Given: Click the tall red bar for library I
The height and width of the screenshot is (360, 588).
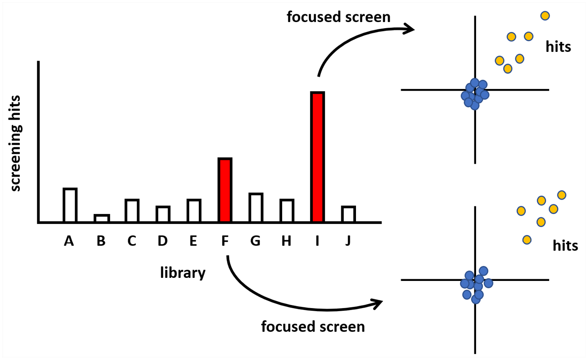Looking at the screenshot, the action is [x=318, y=157].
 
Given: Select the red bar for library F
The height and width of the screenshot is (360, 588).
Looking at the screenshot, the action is [x=225, y=190].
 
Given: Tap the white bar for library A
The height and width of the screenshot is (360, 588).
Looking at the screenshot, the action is [x=70, y=205].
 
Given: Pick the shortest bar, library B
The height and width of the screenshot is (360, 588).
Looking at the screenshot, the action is [x=102, y=219].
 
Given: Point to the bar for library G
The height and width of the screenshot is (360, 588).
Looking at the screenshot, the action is [x=256, y=208].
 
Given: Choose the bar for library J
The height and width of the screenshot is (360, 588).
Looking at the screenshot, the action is [x=349, y=214].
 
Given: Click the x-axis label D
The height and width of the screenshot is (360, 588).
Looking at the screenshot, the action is [x=163, y=241].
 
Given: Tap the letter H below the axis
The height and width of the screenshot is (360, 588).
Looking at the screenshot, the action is [x=286, y=241].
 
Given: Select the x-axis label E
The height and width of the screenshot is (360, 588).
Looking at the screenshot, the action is [x=194, y=241].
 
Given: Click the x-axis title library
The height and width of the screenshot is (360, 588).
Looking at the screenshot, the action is [x=183, y=273].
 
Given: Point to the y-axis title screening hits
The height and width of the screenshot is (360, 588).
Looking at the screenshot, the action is [x=16, y=143].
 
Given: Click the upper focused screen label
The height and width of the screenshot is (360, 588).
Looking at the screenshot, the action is [x=339, y=17].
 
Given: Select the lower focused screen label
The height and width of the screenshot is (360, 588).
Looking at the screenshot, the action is [x=313, y=327].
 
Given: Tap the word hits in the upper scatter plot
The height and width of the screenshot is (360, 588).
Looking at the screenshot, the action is [x=558, y=47].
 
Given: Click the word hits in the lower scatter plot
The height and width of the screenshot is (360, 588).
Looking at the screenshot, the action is [x=566, y=246].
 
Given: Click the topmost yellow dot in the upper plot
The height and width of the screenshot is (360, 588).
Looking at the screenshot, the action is [x=545, y=16].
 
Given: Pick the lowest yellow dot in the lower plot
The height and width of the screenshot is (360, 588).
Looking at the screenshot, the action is [x=527, y=240].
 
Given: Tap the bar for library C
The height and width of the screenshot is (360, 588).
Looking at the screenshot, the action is [x=132, y=210].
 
